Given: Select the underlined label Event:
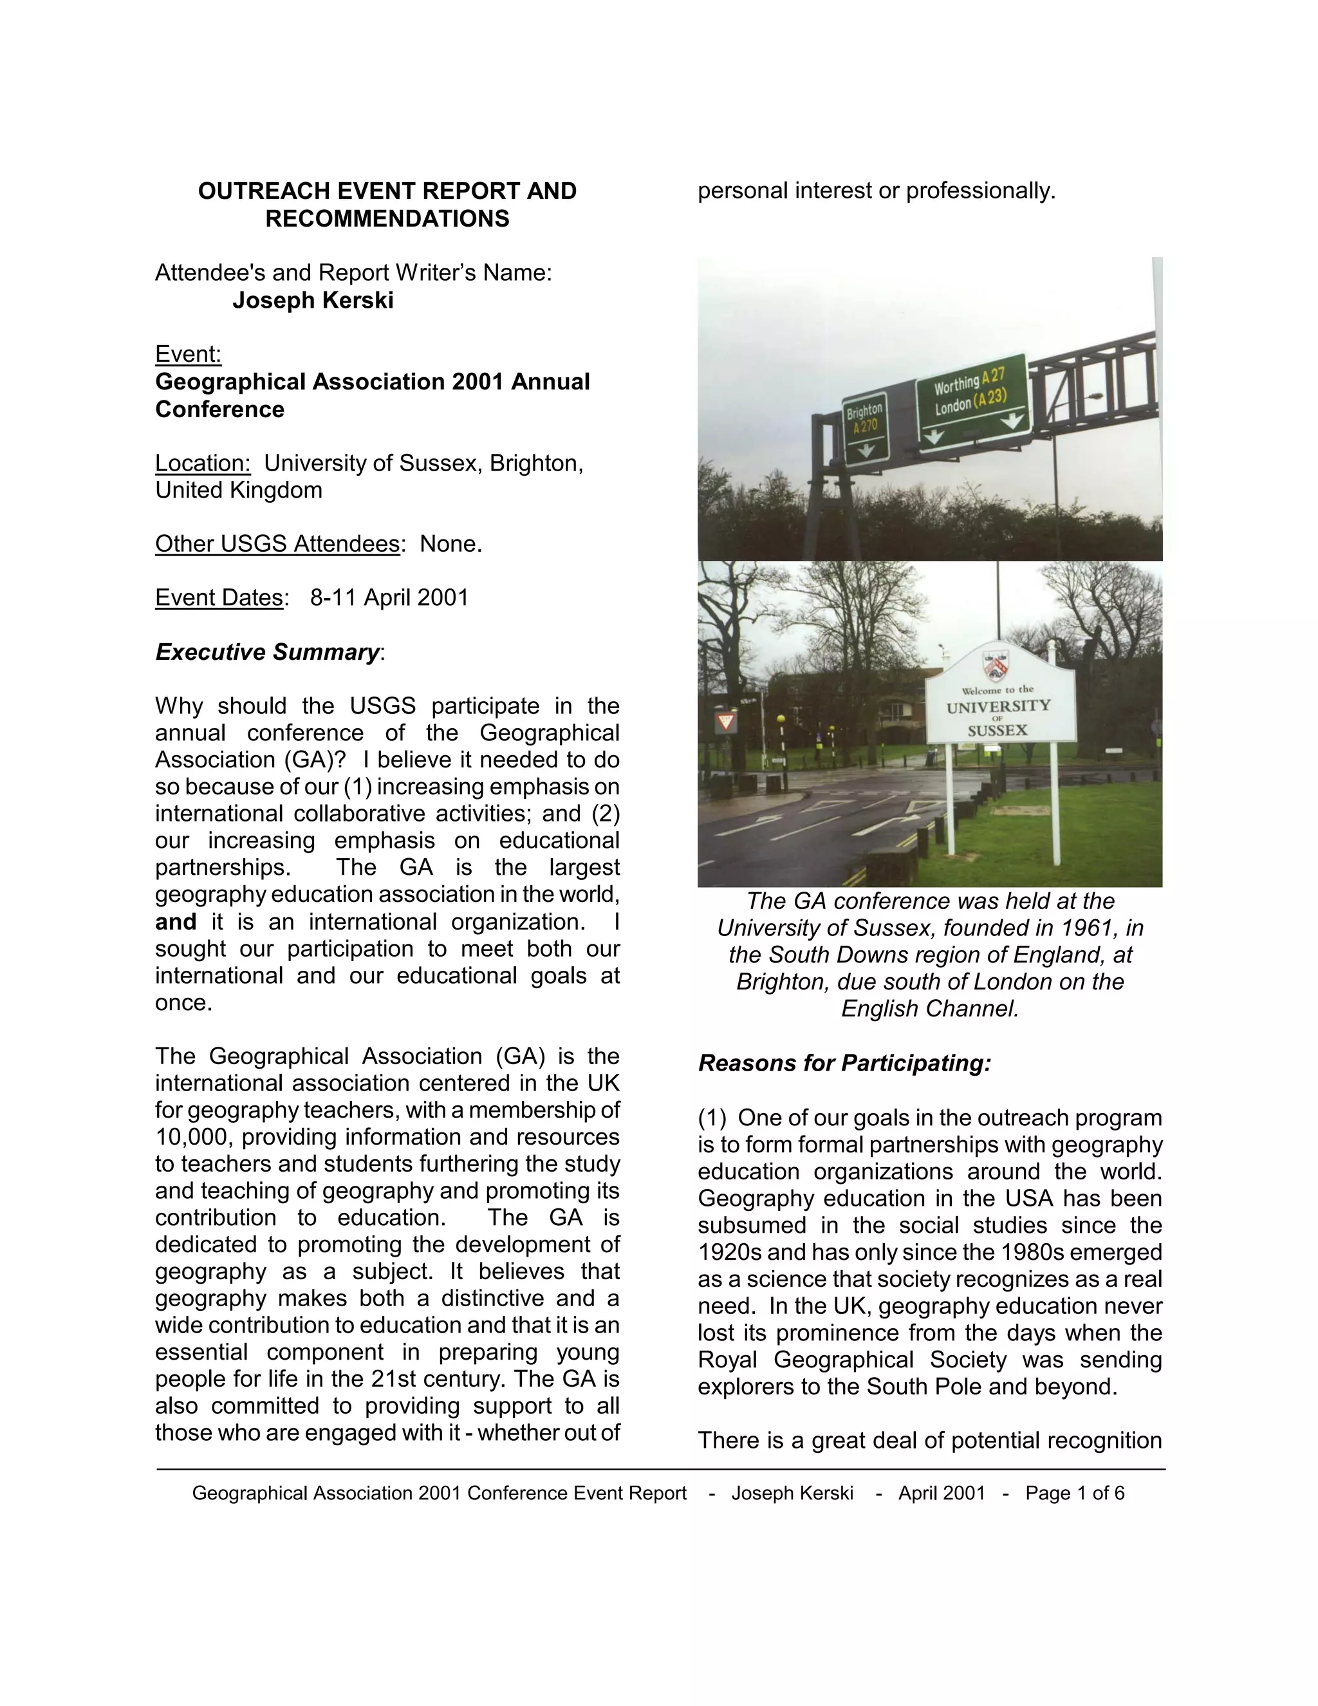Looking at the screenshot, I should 188,354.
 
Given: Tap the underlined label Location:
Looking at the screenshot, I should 203,464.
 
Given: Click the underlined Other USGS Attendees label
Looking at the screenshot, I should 277,544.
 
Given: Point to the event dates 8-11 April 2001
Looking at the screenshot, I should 389,597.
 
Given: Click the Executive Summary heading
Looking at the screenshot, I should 268,652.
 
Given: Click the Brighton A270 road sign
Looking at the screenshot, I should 865,427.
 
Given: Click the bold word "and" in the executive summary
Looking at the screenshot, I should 176,922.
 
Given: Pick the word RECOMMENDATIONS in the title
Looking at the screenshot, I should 387,219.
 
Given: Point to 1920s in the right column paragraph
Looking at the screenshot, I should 729,1252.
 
